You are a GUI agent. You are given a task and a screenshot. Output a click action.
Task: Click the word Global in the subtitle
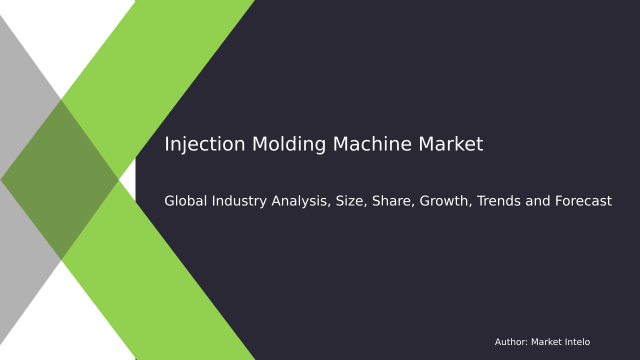tap(185, 201)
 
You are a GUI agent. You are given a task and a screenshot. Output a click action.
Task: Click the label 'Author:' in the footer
tap(511, 342)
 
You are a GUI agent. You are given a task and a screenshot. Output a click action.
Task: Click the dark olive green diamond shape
tap(60, 180)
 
